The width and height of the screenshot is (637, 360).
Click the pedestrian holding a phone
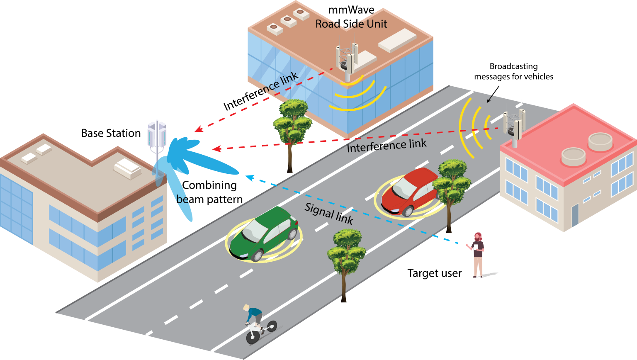click(478, 254)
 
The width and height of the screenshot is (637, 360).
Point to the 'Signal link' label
click(329, 213)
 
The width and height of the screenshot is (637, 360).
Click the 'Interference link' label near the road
click(387, 146)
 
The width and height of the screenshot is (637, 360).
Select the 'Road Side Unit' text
click(351, 24)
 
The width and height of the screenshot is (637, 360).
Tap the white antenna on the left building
click(157, 135)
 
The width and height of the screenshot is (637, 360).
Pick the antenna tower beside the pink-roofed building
click(514, 124)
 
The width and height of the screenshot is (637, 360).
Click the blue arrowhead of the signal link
click(248, 178)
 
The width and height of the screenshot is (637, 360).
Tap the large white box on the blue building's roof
click(397, 41)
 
